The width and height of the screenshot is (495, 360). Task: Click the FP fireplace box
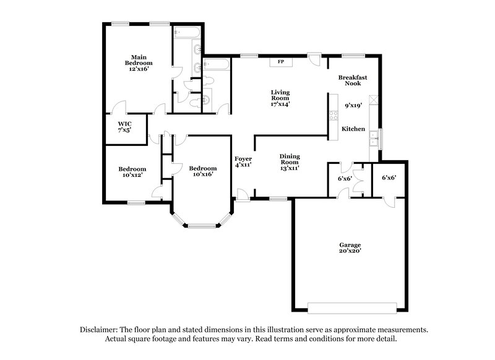(280, 62)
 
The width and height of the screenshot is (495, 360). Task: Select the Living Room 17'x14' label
(280, 98)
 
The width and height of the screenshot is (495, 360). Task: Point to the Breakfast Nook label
(353, 80)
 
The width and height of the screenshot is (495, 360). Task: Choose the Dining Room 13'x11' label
(289, 161)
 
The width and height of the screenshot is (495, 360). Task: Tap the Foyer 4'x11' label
(243, 161)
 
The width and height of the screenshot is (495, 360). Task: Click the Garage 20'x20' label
(350, 247)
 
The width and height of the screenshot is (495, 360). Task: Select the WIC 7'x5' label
(124, 127)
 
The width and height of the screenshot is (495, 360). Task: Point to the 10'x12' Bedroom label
(132, 173)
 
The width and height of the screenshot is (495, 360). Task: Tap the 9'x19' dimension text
(353, 106)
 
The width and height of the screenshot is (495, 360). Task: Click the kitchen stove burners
(332, 115)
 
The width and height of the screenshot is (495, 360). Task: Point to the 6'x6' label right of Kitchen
(388, 178)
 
